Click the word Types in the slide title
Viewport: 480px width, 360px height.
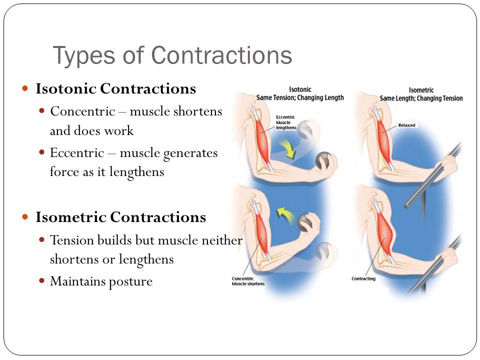(83, 55)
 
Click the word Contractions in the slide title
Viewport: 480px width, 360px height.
(221, 55)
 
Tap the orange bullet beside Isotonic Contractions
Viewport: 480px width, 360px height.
(25, 89)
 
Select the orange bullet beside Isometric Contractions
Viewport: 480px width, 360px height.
(25, 217)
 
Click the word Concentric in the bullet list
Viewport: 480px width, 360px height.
(82, 111)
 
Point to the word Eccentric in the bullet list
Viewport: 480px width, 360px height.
(77, 153)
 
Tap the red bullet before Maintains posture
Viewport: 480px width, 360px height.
(42, 280)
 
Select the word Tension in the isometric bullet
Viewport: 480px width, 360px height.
(72, 240)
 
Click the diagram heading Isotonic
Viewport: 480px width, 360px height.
(300, 89)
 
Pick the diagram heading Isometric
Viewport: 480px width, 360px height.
(421, 90)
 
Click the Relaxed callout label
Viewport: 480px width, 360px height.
(406, 125)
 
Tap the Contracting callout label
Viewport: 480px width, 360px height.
(363, 278)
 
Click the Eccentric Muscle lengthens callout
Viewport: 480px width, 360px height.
(286, 122)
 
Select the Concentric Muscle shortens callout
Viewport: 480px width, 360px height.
(248, 281)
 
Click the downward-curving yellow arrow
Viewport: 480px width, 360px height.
(288, 148)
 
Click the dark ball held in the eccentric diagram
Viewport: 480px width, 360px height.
(323, 160)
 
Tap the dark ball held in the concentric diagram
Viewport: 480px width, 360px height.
(305, 222)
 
